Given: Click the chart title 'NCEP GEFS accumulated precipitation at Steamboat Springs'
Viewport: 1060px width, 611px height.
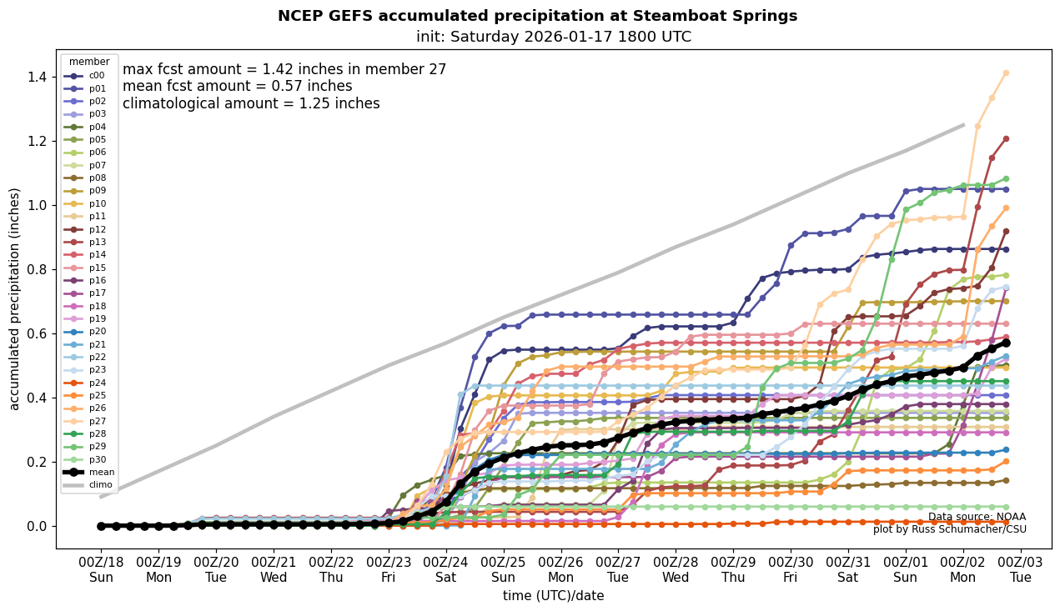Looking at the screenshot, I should pyautogui.click(x=537, y=16).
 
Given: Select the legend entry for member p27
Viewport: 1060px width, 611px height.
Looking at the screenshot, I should pyautogui.click(x=89, y=421).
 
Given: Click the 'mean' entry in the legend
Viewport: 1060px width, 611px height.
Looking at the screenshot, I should pyautogui.click(x=89, y=472).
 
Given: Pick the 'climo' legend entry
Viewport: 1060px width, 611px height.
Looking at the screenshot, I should pyautogui.click(x=89, y=484).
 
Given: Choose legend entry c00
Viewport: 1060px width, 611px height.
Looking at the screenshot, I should pyautogui.click(x=89, y=76).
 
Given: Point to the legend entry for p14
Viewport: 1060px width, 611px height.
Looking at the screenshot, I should pyautogui.click(x=89, y=254).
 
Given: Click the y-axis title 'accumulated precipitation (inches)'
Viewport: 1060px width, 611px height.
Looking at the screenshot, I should pyautogui.click(x=14, y=298).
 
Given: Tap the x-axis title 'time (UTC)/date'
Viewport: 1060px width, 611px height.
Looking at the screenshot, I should pyautogui.click(x=553, y=595).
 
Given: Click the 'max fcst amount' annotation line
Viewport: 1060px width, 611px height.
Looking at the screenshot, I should pyautogui.click(x=284, y=70).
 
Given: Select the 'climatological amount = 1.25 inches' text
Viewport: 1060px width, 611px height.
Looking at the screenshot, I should pyautogui.click(x=251, y=103).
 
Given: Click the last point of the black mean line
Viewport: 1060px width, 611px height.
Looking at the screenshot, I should pyautogui.click(x=1006, y=343).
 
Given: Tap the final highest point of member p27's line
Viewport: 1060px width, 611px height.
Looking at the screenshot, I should pyautogui.click(x=1006, y=73).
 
